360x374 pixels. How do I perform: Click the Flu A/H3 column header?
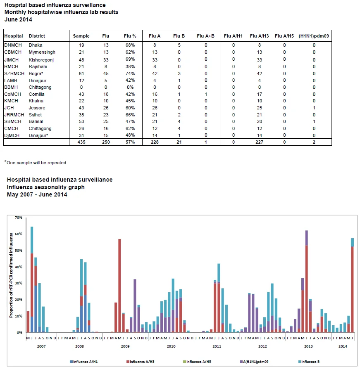(259, 36)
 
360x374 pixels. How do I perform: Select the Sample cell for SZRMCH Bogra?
(81, 73)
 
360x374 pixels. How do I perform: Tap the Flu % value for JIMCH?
(130, 59)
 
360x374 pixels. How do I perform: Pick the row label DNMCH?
(13, 45)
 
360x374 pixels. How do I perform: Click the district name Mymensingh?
(42, 52)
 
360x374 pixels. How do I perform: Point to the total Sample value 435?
(81, 142)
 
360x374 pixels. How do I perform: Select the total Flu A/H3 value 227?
(259, 142)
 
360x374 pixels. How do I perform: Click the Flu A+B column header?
(205, 36)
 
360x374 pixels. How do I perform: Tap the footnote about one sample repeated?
(35, 163)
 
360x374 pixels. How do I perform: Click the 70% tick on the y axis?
(19, 218)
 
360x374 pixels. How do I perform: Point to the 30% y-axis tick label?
(19, 283)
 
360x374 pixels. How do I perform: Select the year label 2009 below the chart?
(125, 346)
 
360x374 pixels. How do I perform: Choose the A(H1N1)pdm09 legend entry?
(254, 362)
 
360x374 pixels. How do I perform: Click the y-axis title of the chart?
(11, 275)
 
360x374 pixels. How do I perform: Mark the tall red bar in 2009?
(120, 286)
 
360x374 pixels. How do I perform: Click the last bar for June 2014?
(352, 285)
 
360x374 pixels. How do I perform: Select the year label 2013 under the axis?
(308, 346)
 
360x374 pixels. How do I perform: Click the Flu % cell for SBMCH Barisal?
(130, 121)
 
